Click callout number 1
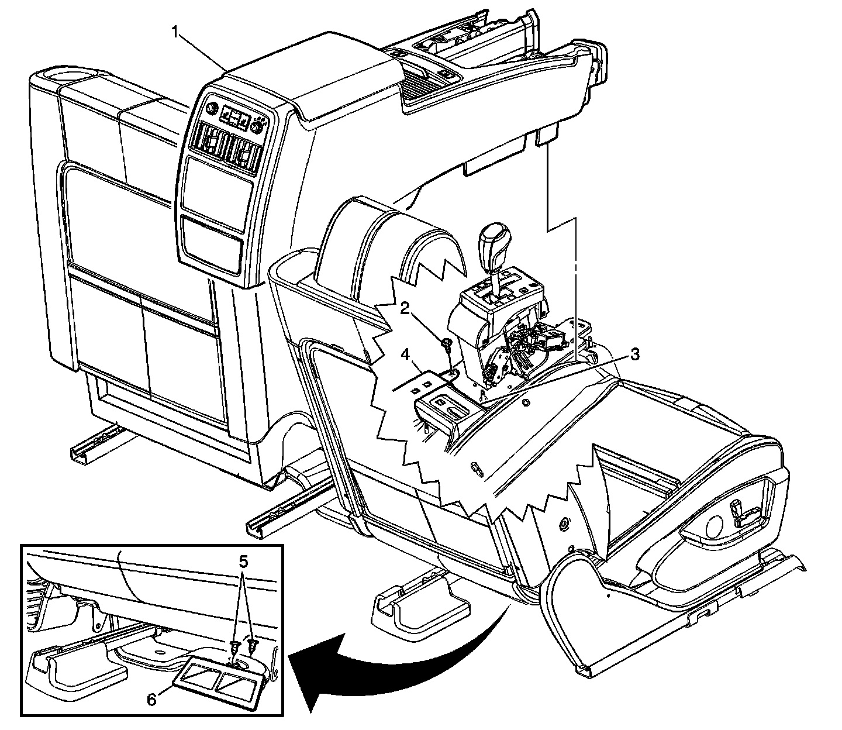[174, 32]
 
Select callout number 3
[635, 354]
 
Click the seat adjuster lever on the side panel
[746, 514]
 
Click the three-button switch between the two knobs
[234, 118]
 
